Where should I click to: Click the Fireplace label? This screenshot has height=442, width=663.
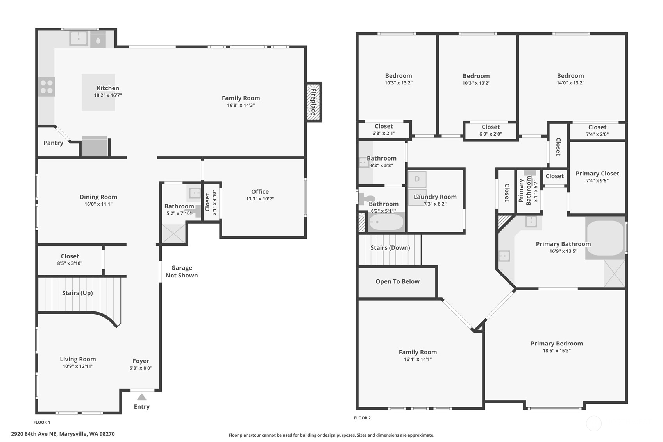coord(313,102)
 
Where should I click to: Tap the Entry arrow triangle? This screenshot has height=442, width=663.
coord(142,397)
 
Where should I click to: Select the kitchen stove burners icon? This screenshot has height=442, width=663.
coord(46,87)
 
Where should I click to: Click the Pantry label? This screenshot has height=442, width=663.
coord(53,143)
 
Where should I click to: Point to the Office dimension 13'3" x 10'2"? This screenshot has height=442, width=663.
coord(260,199)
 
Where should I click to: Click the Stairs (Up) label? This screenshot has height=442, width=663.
coord(77,293)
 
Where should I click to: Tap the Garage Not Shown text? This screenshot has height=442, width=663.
coord(182,272)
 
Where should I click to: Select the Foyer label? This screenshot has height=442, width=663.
coord(141,361)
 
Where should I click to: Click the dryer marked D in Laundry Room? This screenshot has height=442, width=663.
coord(417,179)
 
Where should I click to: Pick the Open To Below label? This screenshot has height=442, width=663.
coord(397,281)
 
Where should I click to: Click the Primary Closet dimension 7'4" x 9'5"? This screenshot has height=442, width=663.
coord(597,181)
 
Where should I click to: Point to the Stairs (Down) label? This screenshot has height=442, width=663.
coord(390,248)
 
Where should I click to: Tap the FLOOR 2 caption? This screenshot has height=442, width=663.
coord(362,418)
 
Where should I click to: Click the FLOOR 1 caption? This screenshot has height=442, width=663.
coord(42,422)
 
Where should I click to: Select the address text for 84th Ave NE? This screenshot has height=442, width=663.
coord(63,434)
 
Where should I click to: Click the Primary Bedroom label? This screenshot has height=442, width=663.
coord(557,344)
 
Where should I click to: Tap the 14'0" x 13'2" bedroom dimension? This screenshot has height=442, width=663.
coord(570,83)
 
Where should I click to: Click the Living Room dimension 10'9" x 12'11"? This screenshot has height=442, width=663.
coord(78,366)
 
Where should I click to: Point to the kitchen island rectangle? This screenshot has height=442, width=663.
coord(98,93)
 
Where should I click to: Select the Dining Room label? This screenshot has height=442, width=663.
coord(98,197)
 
